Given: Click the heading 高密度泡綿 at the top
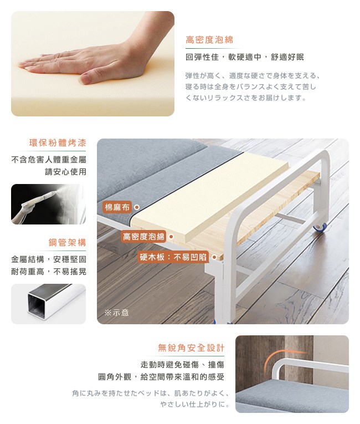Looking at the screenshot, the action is (x=209, y=40).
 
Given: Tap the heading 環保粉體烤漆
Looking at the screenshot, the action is (x=58, y=142).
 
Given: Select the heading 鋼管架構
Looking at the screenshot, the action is (x=68, y=242).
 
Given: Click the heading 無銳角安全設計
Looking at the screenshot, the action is (x=191, y=348).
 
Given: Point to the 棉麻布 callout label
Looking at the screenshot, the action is (x=117, y=207).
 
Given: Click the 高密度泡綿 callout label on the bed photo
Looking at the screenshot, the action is (x=143, y=237).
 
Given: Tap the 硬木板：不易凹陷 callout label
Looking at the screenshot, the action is (x=173, y=257).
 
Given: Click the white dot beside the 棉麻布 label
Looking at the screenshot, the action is (x=137, y=207).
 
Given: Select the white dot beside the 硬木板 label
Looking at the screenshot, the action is (x=214, y=257).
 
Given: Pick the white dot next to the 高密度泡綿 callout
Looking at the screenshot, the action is (x=171, y=237).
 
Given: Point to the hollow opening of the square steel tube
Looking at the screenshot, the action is (x=35, y=305).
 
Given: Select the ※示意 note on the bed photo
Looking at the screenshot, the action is (x=116, y=313).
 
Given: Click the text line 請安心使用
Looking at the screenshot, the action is (x=65, y=172).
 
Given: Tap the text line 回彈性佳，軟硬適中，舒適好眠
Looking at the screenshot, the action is (x=245, y=57).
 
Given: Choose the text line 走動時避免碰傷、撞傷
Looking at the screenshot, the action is (x=182, y=365).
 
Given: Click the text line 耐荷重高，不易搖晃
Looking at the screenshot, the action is (x=49, y=272).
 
